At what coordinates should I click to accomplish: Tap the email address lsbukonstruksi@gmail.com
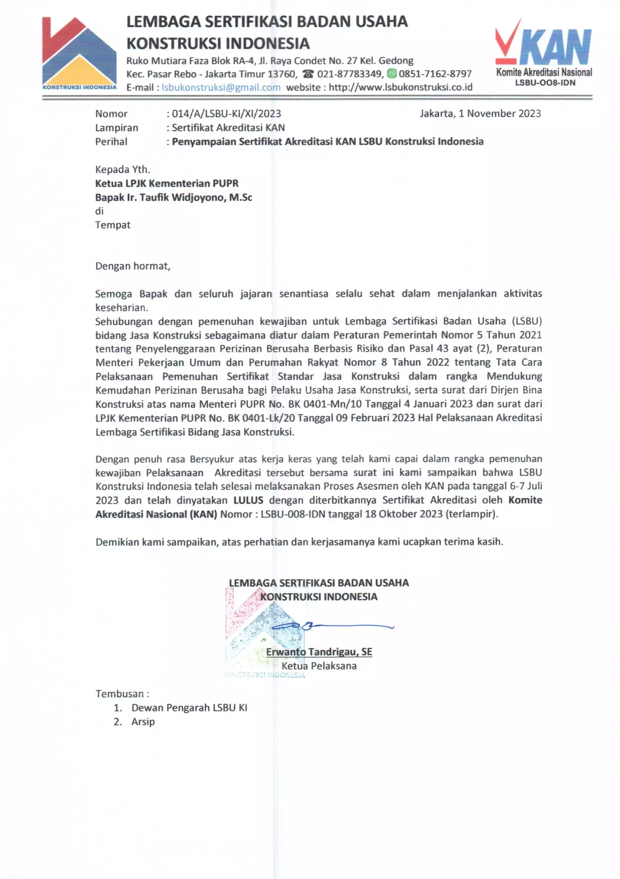point(221,87)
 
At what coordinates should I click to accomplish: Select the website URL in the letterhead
point(400,87)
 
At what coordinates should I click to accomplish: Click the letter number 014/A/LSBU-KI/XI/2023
point(226,114)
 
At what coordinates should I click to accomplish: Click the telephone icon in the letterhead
point(308,74)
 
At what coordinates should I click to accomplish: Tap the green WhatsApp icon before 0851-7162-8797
point(391,74)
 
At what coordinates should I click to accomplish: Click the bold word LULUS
point(248,501)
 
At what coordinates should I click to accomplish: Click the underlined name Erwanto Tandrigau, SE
point(319,652)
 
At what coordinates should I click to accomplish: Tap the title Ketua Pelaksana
point(319,666)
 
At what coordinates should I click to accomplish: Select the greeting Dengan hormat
point(132,266)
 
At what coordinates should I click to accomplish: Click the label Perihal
point(111,142)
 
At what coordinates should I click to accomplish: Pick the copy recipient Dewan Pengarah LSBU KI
point(189,708)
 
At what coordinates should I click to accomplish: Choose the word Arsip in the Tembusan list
point(143,722)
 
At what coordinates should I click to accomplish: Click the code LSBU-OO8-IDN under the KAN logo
point(545,83)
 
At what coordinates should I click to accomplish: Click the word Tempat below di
point(113,225)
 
